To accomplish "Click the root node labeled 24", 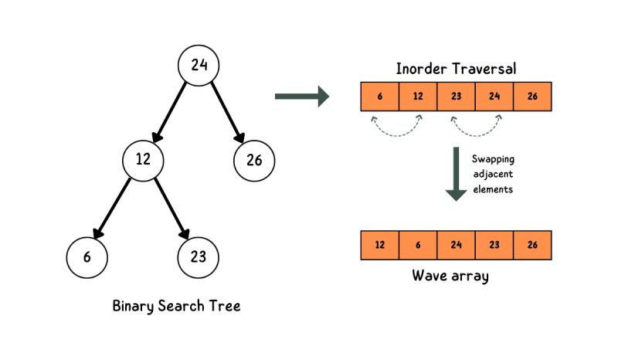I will pos(199,66).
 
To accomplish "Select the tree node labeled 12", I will pos(144,160).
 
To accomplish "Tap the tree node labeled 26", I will pos(254,160).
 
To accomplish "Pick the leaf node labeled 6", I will pos(87,256).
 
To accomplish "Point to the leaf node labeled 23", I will pos(199,256).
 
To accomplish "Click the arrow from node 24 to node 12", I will pos(171,113).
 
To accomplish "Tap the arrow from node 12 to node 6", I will pos(116,208).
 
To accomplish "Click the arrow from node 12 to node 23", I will pos(171,208).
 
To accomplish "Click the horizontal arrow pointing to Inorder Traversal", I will pos(301,97).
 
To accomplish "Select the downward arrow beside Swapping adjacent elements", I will pos(456,174).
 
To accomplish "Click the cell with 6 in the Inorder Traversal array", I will pos(380,97).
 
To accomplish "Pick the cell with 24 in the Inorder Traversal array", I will pos(494,97).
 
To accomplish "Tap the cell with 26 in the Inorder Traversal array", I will pos(531,97).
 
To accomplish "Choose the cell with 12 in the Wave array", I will pos(380,245).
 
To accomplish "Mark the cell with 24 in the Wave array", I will pos(456,245).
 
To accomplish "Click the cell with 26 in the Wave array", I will pos(531,245).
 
